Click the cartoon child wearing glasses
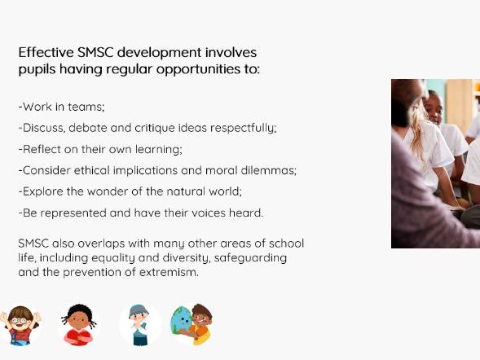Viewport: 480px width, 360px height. pos(20,324)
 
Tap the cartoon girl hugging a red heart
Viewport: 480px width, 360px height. pos(79,324)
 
